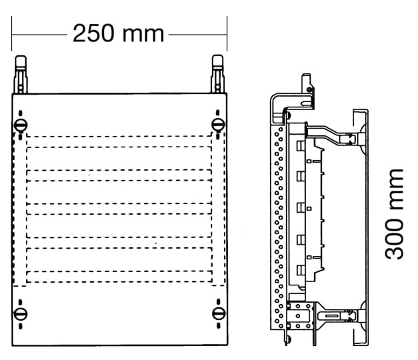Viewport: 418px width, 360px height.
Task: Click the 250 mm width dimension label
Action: pos(118,33)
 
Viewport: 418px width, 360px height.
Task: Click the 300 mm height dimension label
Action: pos(394,214)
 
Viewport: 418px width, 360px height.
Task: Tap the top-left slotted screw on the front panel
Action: pos(21,125)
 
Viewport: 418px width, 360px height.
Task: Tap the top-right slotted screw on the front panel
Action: pos(218,125)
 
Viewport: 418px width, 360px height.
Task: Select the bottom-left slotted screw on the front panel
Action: pos(21,314)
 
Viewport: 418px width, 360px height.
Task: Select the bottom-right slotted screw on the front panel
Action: pos(219,313)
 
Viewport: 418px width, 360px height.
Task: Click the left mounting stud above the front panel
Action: pos(21,75)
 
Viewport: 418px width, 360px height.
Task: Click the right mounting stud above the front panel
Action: pos(217,74)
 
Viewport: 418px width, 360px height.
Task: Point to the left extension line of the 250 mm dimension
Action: pos(11,33)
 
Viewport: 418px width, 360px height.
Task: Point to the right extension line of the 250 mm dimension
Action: pos(227,33)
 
